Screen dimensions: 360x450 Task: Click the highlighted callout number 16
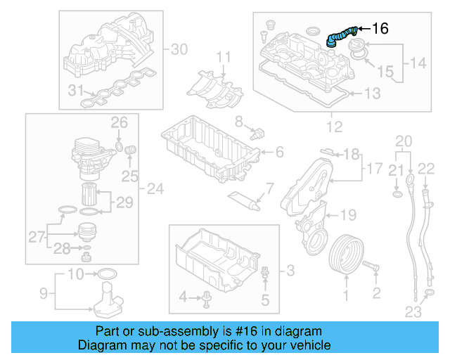379,29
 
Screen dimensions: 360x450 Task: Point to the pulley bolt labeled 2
373,268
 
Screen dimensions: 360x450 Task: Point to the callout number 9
41,292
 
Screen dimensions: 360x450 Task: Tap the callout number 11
222,56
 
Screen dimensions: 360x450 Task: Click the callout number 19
349,214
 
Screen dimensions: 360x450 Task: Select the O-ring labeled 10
105,273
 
